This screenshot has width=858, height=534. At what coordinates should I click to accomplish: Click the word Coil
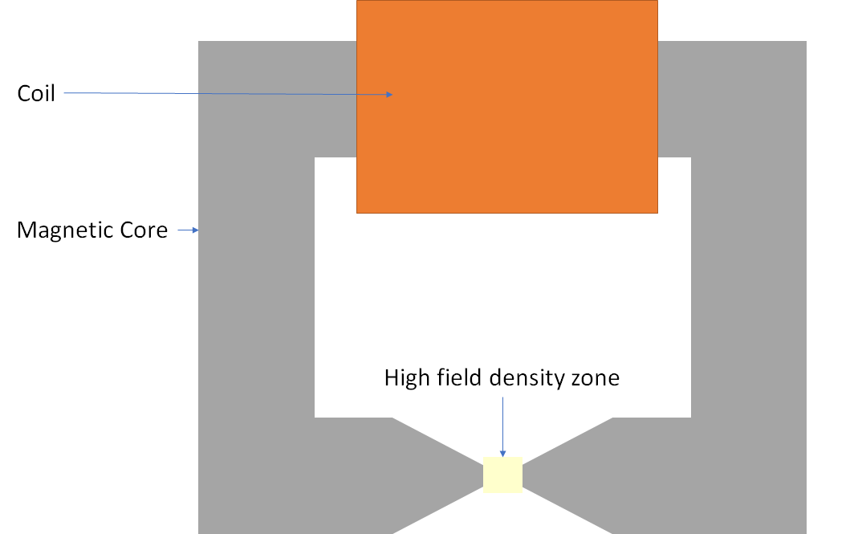(x=36, y=93)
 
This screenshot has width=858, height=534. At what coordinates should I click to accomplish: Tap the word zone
(x=596, y=377)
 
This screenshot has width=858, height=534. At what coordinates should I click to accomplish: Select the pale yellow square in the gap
(x=502, y=474)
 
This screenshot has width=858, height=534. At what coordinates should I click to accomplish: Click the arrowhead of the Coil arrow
(x=389, y=95)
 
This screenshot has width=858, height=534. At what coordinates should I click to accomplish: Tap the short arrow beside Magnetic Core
(x=188, y=230)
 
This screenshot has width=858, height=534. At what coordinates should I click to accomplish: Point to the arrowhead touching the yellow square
(x=502, y=453)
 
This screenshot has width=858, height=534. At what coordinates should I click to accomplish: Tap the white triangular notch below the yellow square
(x=502, y=518)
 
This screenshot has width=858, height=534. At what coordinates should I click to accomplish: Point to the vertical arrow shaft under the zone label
(x=502, y=422)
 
